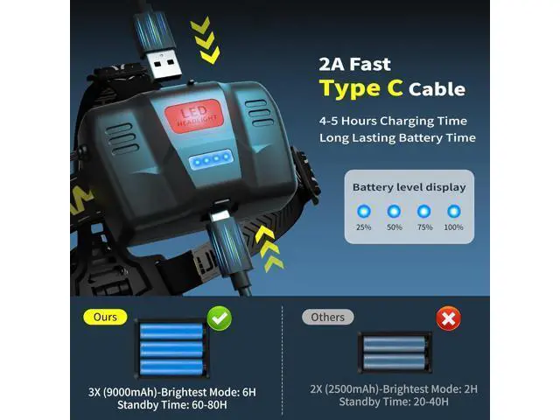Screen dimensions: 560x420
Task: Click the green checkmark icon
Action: (x=220, y=318)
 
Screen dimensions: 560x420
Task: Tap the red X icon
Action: (x=449, y=318)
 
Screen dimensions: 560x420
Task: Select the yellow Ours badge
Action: (x=105, y=317)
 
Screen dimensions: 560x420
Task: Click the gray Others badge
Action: (x=328, y=317)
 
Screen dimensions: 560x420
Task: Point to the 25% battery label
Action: (x=364, y=227)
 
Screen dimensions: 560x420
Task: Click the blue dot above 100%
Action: (x=454, y=212)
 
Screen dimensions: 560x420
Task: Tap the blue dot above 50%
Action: (x=394, y=212)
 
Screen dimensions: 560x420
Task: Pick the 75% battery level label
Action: (x=424, y=227)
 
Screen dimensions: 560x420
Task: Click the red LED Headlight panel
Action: (x=194, y=115)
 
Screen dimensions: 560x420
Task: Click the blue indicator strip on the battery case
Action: (x=211, y=159)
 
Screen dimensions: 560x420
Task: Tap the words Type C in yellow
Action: (x=361, y=88)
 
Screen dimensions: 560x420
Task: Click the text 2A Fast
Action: (x=354, y=64)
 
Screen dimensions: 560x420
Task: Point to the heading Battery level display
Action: (x=409, y=187)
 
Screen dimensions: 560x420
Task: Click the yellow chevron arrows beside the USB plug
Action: (x=206, y=40)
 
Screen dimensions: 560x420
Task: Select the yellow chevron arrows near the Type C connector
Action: (x=271, y=248)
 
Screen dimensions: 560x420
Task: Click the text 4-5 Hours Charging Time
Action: (x=393, y=121)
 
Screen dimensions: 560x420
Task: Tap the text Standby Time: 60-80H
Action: (x=172, y=405)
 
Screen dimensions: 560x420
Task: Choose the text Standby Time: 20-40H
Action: (x=394, y=402)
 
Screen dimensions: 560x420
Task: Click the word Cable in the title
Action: (x=437, y=89)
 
